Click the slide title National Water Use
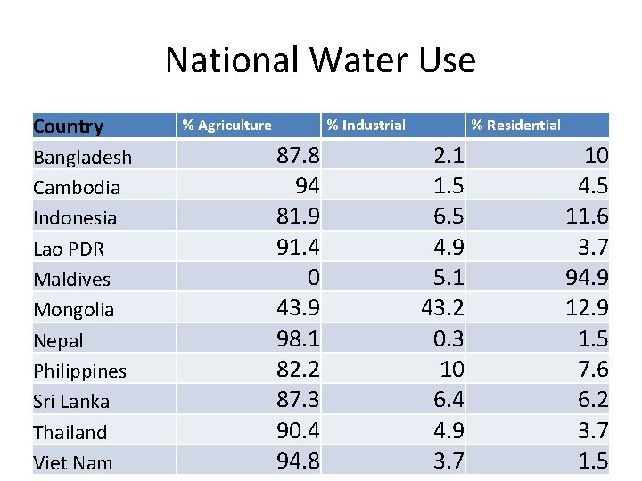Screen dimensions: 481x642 coord(320,61)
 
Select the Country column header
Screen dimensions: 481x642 coord(68,126)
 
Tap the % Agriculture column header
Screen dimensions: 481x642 coord(226,126)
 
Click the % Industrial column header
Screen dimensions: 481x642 coord(366,126)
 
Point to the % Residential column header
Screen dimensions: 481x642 coord(515,126)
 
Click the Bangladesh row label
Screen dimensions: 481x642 coord(82,158)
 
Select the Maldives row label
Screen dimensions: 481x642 coord(71,280)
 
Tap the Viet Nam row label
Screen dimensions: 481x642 coord(72,462)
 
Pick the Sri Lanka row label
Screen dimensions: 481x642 coord(70,402)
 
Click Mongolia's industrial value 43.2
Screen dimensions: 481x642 coord(442,309)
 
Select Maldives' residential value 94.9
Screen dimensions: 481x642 coord(587,278)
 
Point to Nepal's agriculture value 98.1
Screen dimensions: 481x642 coord(298,339)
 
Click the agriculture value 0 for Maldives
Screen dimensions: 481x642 coord(313,278)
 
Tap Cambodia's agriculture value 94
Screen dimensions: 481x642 coord(307,187)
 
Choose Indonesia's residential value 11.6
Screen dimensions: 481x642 coord(587,217)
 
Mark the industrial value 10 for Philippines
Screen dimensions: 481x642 coord(452,370)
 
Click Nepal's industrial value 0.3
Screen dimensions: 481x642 coord(448,339)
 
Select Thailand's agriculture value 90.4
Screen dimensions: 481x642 coord(298,431)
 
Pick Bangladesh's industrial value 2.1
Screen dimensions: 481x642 coord(448,157)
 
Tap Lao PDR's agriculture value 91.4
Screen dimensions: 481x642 coord(298,248)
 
